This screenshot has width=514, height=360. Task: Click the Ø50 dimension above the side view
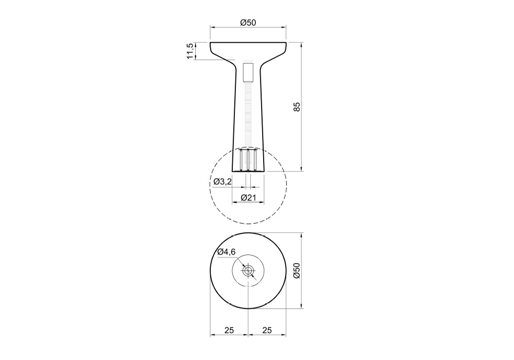click(x=248, y=23)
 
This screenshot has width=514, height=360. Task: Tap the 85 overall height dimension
click(x=297, y=107)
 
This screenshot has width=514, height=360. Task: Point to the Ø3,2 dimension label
click(x=223, y=182)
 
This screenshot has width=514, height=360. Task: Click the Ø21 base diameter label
click(x=248, y=197)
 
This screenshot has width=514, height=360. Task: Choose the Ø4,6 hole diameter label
click(x=227, y=252)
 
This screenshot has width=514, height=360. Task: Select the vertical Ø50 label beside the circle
click(x=297, y=271)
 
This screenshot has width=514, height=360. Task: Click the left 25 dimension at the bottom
click(x=229, y=330)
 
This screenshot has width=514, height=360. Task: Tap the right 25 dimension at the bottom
click(x=267, y=330)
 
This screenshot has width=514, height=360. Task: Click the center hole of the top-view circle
click(x=248, y=271)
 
